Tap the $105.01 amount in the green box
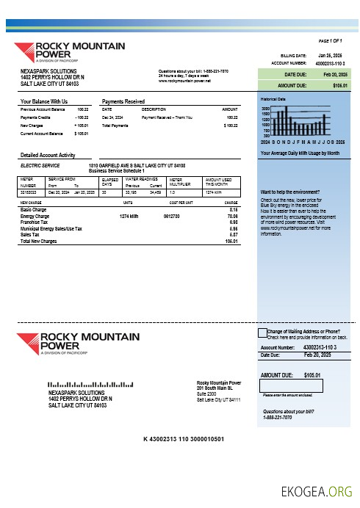(340, 86)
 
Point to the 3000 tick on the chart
(265, 108)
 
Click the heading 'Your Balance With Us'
(44, 101)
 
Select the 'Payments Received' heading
(123, 101)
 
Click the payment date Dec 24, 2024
(112, 117)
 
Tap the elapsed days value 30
(104, 192)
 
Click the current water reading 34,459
(155, 192)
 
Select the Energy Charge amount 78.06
(232, 217)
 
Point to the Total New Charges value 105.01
(231, 241)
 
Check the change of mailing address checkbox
(262, 333)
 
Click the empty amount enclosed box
(281, 385)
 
